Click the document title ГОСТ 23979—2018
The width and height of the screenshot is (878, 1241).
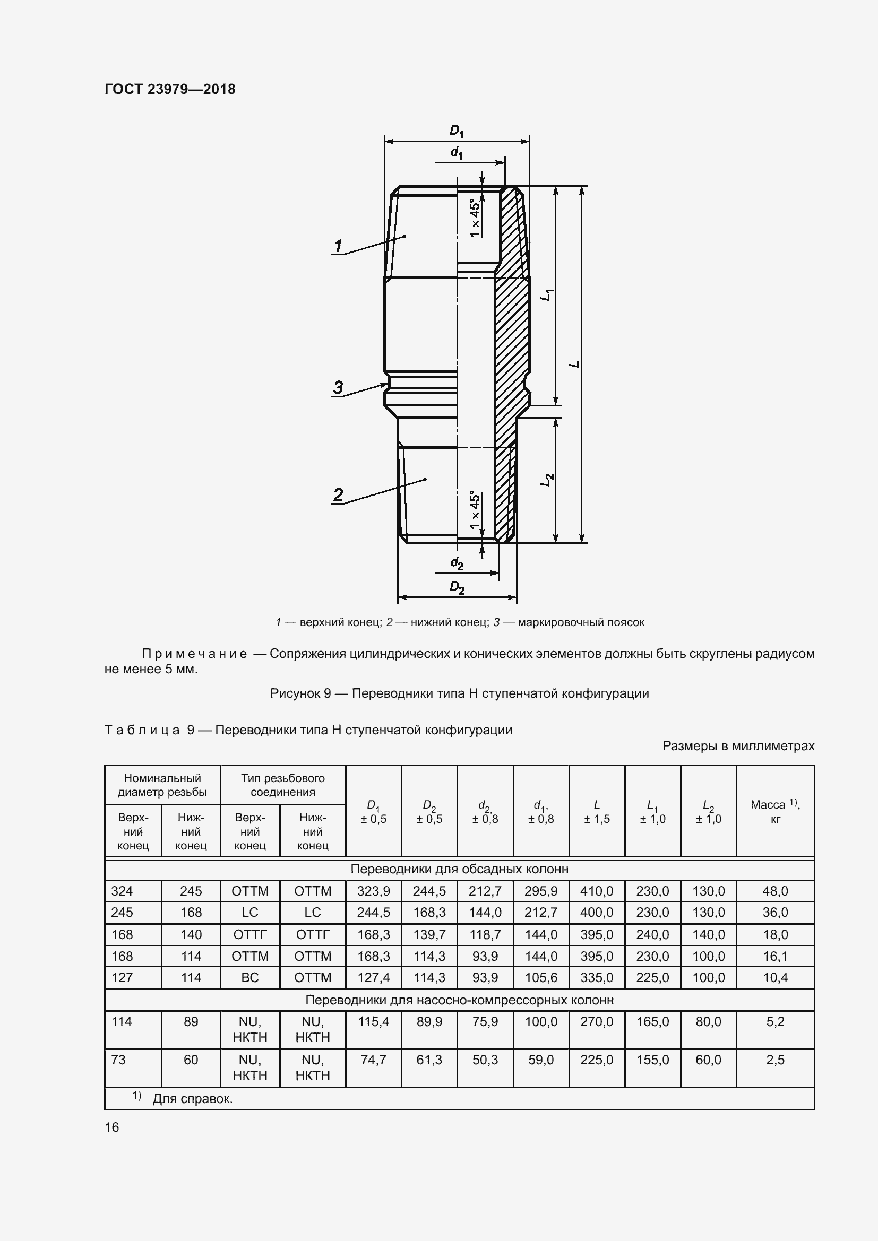170,89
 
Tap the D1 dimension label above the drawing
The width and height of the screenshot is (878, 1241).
457,132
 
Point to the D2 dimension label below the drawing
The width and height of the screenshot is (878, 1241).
458,587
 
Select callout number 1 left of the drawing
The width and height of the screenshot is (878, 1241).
338,246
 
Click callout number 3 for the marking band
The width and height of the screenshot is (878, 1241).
338,387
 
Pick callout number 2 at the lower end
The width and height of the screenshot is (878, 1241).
338,495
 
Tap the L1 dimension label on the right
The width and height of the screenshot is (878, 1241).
548,295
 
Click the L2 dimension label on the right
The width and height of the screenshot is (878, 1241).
548,479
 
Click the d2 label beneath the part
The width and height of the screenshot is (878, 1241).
457,564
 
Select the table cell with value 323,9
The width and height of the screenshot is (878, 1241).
373,891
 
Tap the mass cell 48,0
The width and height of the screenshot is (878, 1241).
774,891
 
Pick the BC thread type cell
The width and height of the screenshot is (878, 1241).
250,977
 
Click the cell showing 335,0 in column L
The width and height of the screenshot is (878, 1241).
596,977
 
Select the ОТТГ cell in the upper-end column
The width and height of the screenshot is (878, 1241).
250,934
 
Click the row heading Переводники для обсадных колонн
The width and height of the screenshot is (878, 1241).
459,869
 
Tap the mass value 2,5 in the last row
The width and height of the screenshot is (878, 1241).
774,1060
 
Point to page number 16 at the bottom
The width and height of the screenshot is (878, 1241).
112,1127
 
